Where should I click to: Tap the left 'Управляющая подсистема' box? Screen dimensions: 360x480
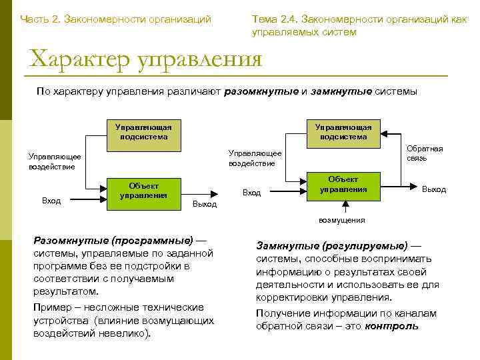tap(143, 132)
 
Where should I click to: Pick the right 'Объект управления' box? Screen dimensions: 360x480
tap(343, 184)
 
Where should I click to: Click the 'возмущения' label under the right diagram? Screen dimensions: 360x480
tap(341, 219)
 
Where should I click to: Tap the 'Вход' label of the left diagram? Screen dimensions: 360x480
tap(51, 200)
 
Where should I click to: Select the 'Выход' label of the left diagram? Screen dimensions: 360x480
tap(204, 204)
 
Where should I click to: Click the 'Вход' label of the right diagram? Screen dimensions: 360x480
tap(252, 193)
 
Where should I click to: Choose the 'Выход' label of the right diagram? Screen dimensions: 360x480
tap(433, 189)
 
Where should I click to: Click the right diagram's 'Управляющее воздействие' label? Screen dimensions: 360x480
tap(255, 158)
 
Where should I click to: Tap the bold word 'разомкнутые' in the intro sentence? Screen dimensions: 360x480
tap(261, 92)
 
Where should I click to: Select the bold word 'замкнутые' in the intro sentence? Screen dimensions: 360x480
tap(337, 92)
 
